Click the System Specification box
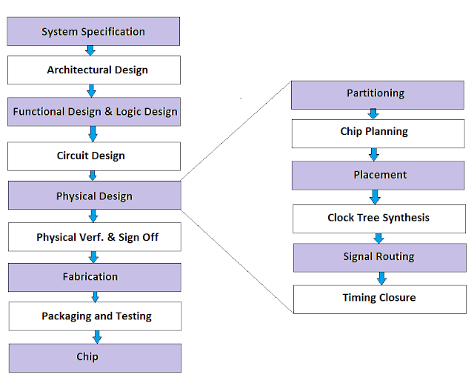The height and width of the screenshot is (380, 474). [x=94, y=32]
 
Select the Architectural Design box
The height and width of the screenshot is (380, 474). [x=94, y=70]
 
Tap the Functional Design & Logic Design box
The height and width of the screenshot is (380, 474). [x=94, y=112]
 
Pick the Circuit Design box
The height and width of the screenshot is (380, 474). [x=94, y=156]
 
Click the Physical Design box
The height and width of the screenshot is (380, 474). [x=94, y=196]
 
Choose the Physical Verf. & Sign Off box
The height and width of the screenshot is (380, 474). [x=94, y=238]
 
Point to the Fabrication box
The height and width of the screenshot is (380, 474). [x=94, y=277]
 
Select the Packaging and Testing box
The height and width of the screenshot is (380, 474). [x=94, y=316]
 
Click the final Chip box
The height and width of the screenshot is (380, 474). [x=94, y=357]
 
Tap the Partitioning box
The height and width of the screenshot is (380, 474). [x=377, y=94]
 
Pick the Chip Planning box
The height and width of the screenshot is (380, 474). [x=377, y=133]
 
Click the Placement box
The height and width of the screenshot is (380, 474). [x=377, y=176]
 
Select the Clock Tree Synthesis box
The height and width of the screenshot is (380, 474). [x=378, y=219]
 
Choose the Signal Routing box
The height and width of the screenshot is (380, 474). [x=378, y=258]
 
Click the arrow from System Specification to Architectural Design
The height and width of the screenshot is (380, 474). [x=90, y=50]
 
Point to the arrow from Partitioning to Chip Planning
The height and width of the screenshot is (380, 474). [x=374, y=113]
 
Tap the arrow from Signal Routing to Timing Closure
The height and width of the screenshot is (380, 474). [x=381, y=278]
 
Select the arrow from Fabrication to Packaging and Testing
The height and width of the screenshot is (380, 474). [x=95, y=296]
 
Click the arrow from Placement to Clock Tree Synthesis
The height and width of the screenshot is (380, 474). [x=375, y=197]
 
